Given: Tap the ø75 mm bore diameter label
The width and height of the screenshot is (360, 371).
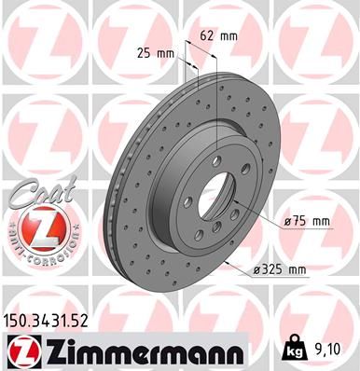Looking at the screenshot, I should click(x=307, y=221).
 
